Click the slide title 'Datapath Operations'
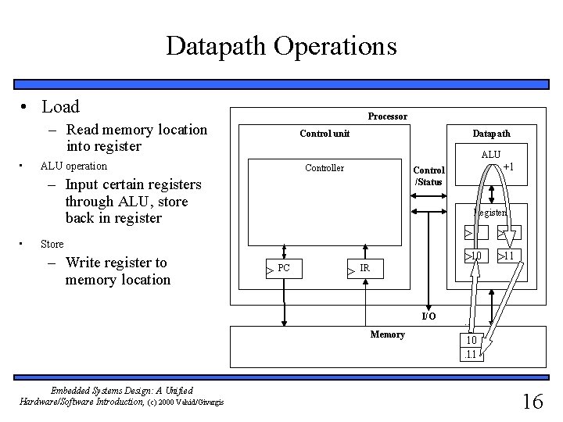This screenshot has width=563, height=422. click(x=281, y=45)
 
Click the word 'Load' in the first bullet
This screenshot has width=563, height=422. click(x=60, y=105)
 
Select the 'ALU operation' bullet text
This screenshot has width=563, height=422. click(x=74, y=166)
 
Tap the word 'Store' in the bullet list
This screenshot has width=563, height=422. click(x=53, y=244)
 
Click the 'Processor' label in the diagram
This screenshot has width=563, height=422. click(x=387, y=116)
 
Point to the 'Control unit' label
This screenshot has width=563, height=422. click(x=325, y=134)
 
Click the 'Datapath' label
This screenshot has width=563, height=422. click(x=491, y=134)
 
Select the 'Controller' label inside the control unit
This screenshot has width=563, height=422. click(x=324, y=168)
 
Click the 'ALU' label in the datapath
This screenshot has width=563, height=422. click(x=491, y=155)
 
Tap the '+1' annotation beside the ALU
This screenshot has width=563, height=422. click(x=508, y=166)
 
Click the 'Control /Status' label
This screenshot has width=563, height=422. click(x=429, y=176)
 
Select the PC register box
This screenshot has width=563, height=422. click(x=283, y=268)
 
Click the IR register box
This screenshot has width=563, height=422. click(x=364, y=268)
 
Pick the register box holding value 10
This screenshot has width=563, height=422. click(x=474, y=256)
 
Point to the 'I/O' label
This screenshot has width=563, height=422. click(x=429, y=316)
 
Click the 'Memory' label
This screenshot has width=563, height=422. click(x=388, y=334)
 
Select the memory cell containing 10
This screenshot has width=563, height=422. click(x=472, y=341)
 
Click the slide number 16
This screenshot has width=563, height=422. click(x=532, y=402)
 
